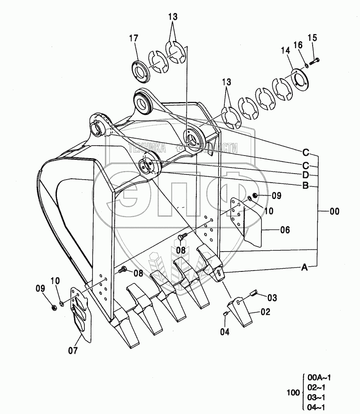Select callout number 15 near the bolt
pyautogui.click(x=313, y=38)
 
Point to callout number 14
pyautogui.click(x=286, y=50)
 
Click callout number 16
pyautogui.click(x=298, y=44)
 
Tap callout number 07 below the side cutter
pyautogui.click(x=73, y=350)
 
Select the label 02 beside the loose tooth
pyautogui.click(x=265, y=312)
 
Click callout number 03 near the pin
pyautogui.click(x=272, y=298)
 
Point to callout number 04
pyautogui.click(x=225, y=331)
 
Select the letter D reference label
pyautogui.click(x=305, y=175)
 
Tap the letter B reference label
pyautogui.click(x=305, y=186)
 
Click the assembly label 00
pyautogui.click(x=334, y=212)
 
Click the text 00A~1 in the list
pyautogui.click(x=320, y=378)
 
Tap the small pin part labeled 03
pyautogui.click(x=253, y=294)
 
